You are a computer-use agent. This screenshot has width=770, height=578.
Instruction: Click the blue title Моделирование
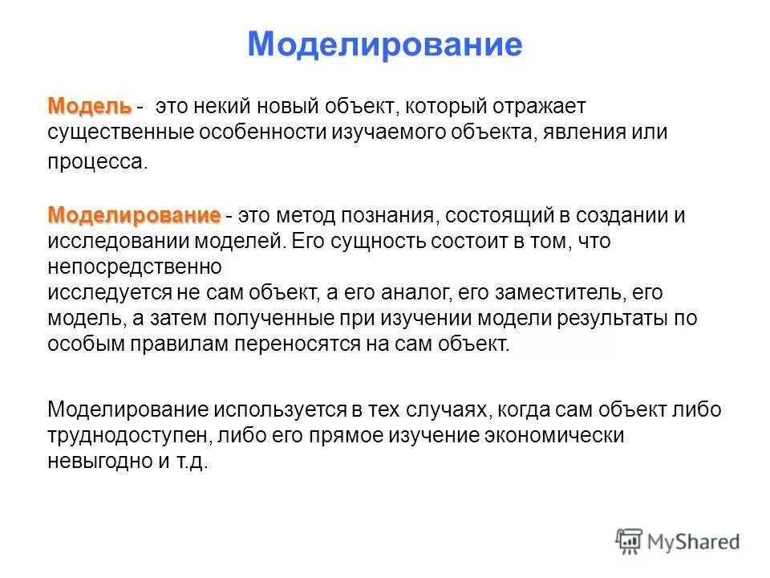coord(384,44)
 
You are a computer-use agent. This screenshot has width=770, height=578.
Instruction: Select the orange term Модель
coord(89,106)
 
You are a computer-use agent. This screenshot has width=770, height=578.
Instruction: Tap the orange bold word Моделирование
coord(133,215)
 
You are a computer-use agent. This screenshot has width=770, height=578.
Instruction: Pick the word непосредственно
coord(134,266)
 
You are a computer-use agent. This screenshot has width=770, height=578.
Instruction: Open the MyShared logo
coord(678,542)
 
